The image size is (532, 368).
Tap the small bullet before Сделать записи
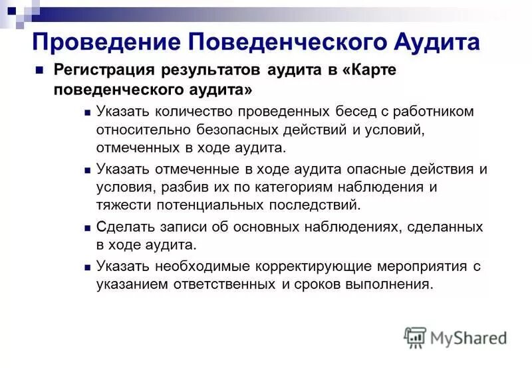(88, 228)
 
